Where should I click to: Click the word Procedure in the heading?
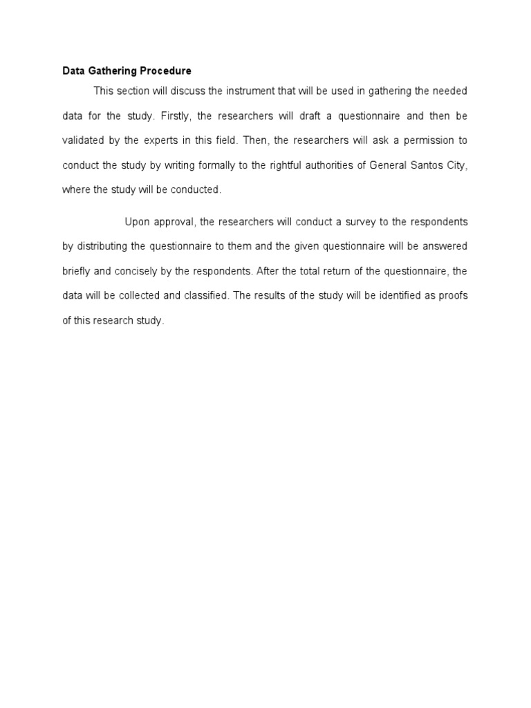point(165,71)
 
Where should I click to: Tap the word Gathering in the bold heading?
point(113,71)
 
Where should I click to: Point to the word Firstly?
point(173,115)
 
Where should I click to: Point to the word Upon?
point(136,222)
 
